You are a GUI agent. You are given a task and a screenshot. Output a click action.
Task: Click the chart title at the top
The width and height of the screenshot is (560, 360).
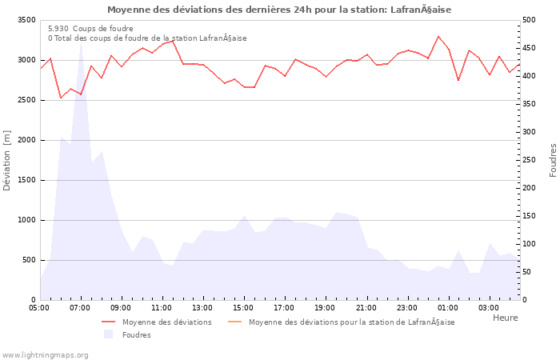coord(279,10)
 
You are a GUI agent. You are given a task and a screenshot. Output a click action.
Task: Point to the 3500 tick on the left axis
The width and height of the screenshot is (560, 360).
coord(25,20)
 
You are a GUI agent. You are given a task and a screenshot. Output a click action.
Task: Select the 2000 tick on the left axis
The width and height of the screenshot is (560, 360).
coord(25,140)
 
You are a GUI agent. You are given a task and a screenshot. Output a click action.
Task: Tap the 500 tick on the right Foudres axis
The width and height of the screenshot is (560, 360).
coord(530,20)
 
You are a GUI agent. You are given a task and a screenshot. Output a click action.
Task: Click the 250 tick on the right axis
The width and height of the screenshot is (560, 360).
coord(530,160)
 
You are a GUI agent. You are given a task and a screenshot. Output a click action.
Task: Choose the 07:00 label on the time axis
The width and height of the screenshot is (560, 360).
coord(80,307)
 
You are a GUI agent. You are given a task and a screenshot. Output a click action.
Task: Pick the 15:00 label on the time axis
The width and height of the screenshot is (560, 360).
coord(243,307)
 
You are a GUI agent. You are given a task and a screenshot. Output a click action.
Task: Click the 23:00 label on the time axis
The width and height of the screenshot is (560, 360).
coord(406,307)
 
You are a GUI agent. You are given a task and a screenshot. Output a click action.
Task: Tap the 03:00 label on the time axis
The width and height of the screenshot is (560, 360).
coord(488,307)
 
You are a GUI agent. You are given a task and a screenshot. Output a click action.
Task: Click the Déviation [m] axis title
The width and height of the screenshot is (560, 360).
coord(8,160)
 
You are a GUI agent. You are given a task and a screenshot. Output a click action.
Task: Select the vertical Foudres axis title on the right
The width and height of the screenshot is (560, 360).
coord(553,160)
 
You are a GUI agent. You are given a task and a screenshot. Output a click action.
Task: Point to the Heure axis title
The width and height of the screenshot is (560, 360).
coord(505,318)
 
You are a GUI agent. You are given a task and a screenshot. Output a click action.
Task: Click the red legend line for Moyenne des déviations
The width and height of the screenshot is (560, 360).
coord(110,322)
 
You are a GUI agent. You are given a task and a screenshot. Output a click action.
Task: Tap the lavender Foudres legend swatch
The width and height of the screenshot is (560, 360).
coord(108,334)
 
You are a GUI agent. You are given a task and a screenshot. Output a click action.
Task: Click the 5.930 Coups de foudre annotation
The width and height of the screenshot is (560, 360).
coord(90,28)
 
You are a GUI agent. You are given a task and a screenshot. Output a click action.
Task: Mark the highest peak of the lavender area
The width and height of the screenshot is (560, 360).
coord(81,43)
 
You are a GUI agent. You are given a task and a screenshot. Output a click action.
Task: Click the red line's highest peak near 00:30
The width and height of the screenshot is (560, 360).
coord(438,36)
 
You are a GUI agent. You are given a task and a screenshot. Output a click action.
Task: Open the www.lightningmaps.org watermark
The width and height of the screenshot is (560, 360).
coord(45,354)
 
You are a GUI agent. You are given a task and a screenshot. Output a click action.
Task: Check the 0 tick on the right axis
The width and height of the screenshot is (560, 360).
coord(525,300)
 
